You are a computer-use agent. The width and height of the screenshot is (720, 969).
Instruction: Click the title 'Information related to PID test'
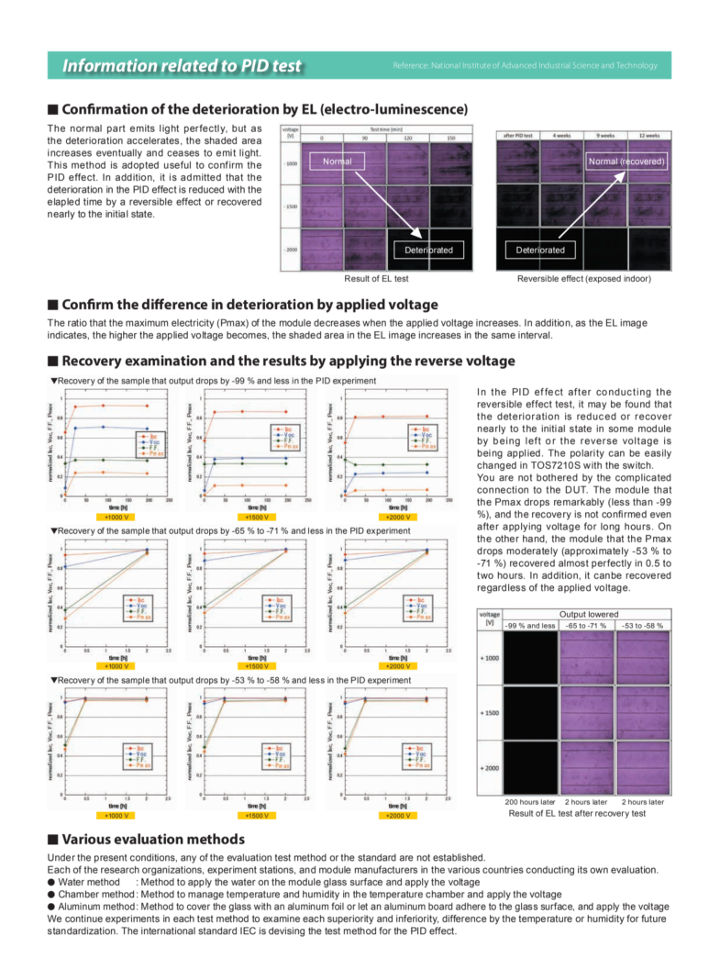click(x=181, y=66)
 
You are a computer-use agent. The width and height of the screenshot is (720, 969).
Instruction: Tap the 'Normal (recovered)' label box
click(x=625, y=161)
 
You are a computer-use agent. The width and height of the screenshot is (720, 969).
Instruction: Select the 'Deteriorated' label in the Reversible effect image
click(x=539, y=250)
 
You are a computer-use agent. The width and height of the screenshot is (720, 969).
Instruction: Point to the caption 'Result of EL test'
click(x=375, y=278)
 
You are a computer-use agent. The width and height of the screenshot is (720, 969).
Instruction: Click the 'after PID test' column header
click(x=518, y=135)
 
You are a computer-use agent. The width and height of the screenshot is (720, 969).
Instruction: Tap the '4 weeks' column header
click(x=560, y=135)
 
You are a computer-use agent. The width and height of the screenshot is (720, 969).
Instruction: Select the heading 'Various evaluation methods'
click(x=152, y=839)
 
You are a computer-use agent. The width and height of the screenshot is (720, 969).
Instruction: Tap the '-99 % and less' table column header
click(x=530, y=625)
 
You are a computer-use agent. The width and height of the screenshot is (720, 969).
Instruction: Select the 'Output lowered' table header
click(x=586, y=614)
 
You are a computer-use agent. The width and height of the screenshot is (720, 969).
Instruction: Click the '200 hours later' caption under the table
click(x=530, y=801)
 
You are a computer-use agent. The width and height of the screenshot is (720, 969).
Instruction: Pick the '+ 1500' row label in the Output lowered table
click(x=490, y=712)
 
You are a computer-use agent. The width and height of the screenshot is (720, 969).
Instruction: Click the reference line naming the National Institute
click(x=525, y=66)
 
